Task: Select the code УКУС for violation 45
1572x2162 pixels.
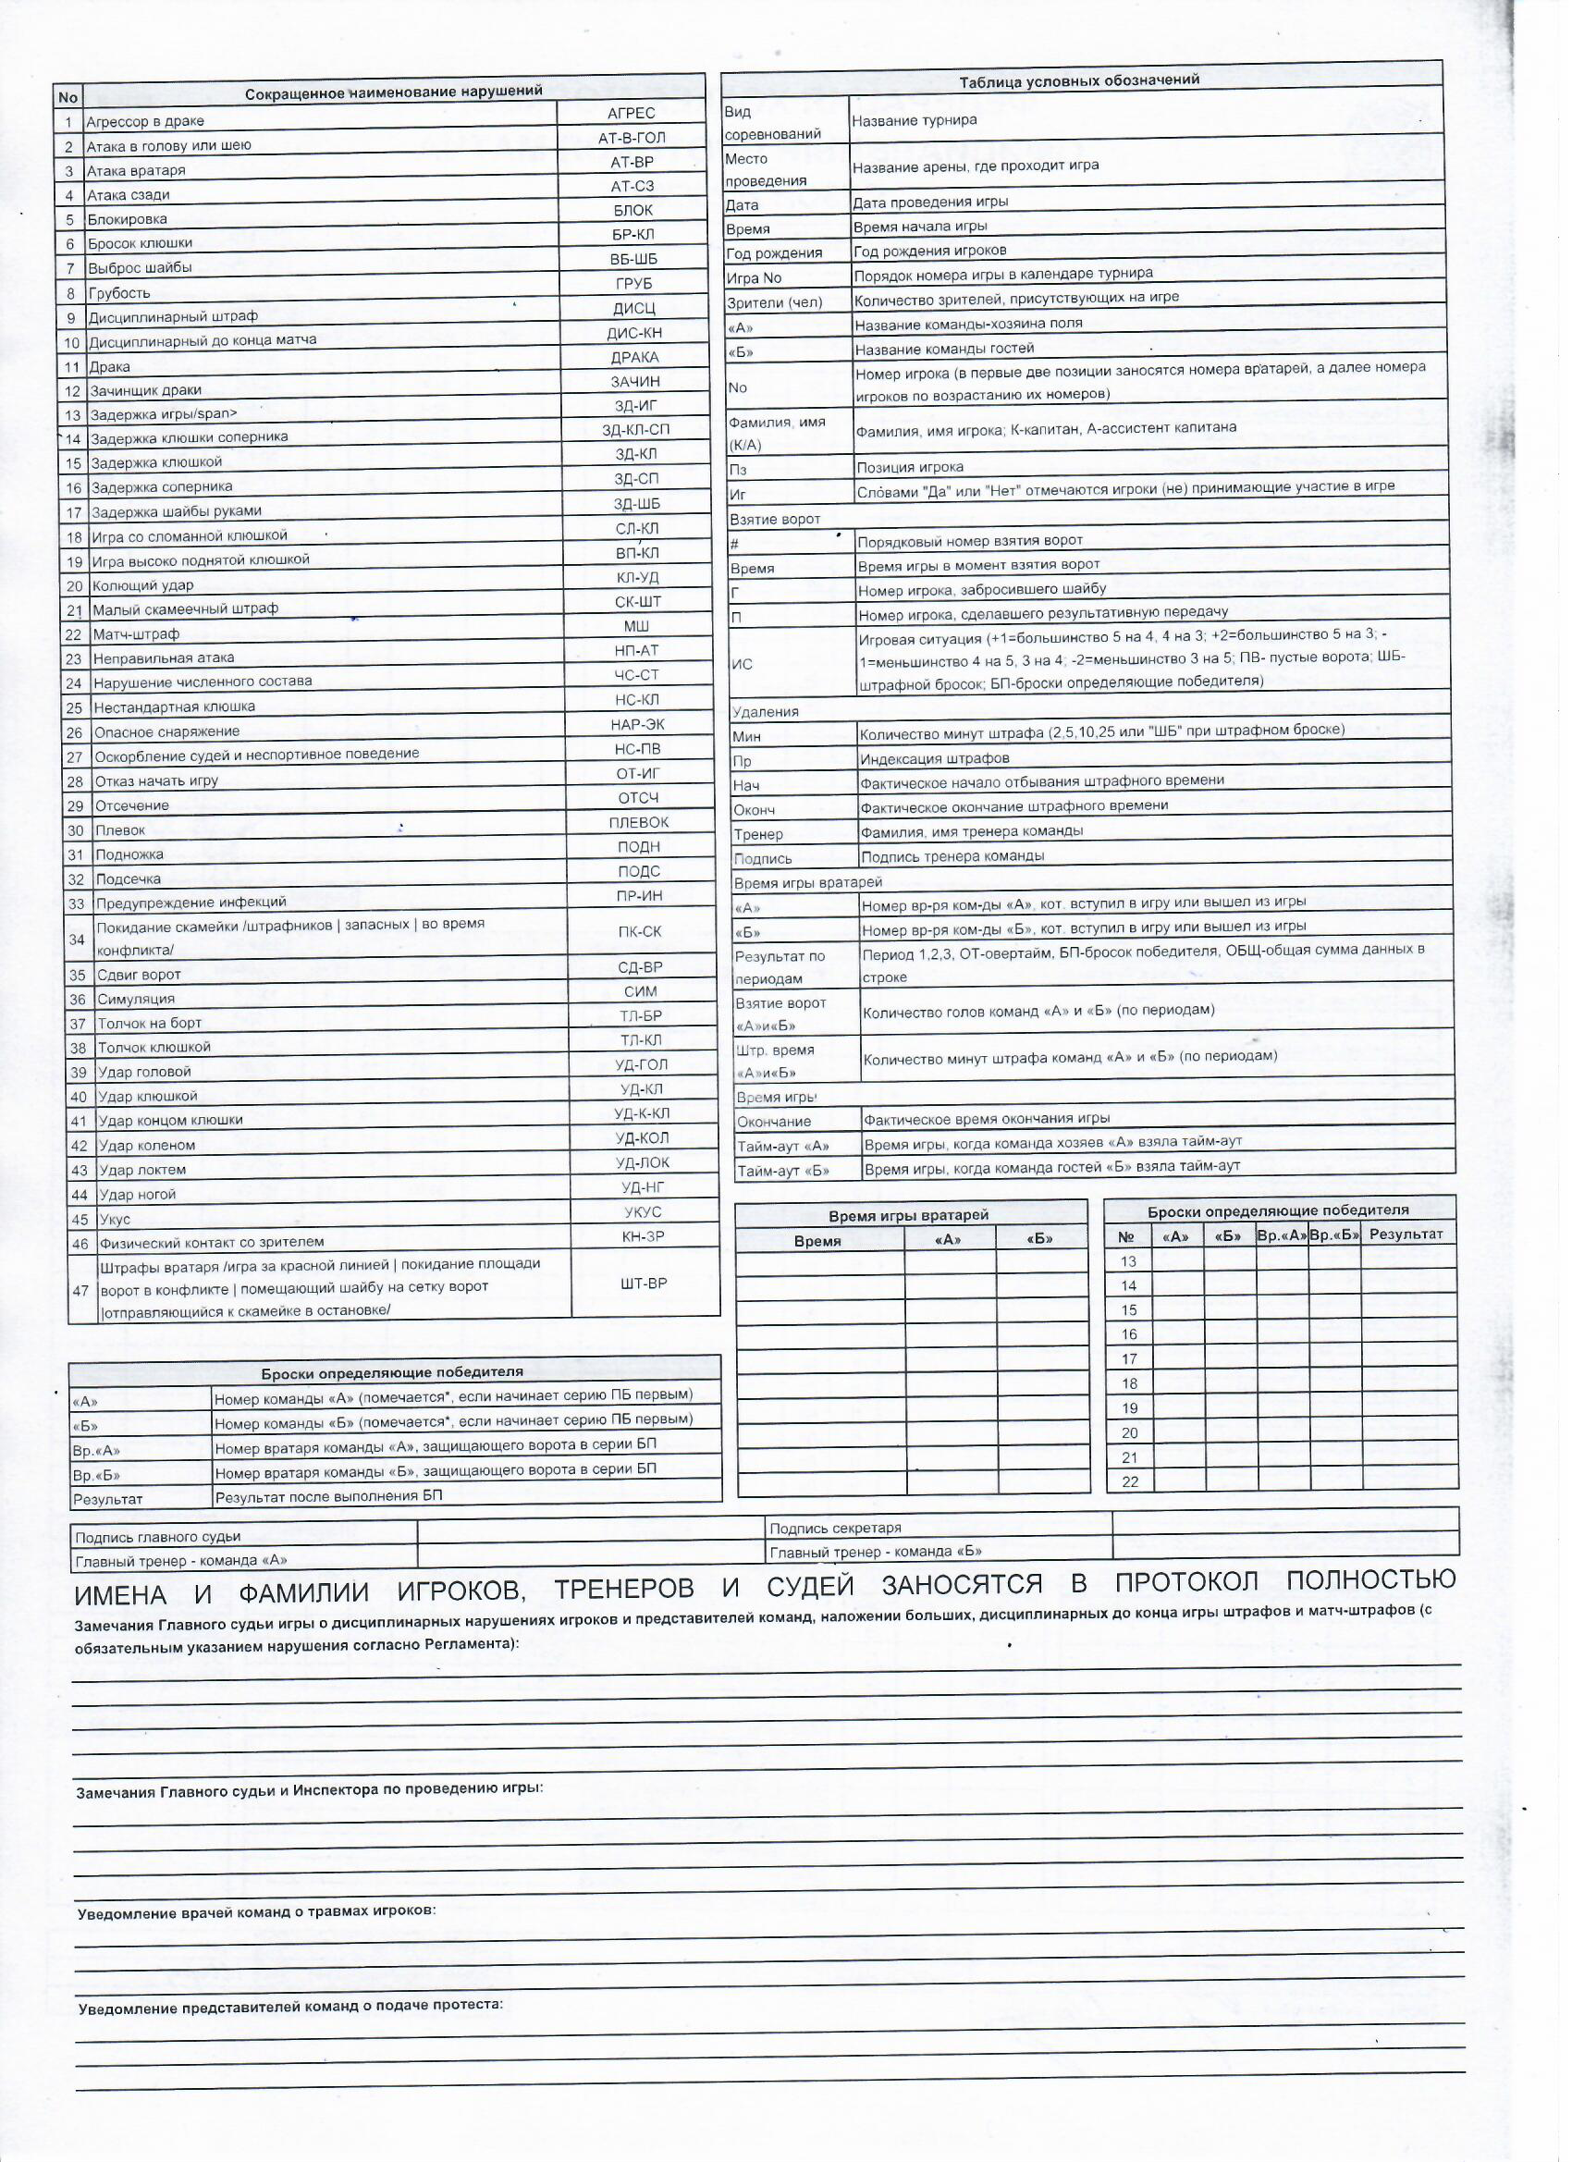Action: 643,1212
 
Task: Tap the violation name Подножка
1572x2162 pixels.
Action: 129,855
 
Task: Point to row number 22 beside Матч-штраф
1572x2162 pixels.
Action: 74,635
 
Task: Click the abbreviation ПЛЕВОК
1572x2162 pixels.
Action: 639,822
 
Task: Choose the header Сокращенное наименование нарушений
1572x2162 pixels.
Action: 394,92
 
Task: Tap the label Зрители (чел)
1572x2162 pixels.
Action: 774,303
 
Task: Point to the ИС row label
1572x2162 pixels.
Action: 742,663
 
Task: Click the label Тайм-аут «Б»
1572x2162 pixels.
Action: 783,1171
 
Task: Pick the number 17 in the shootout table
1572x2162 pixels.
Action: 1130,1359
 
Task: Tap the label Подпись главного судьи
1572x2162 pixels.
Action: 157,1537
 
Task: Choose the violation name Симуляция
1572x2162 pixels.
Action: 136,999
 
